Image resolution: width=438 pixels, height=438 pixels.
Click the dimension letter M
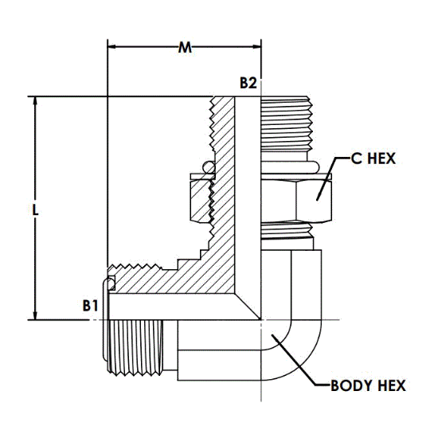click(185, 48)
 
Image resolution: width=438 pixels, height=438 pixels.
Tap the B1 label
click(90, 306)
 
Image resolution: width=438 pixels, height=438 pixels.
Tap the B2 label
click(248, 83)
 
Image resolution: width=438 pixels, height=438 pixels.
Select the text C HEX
click(373, 158)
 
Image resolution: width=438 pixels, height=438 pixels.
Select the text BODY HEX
click(368, 385)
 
